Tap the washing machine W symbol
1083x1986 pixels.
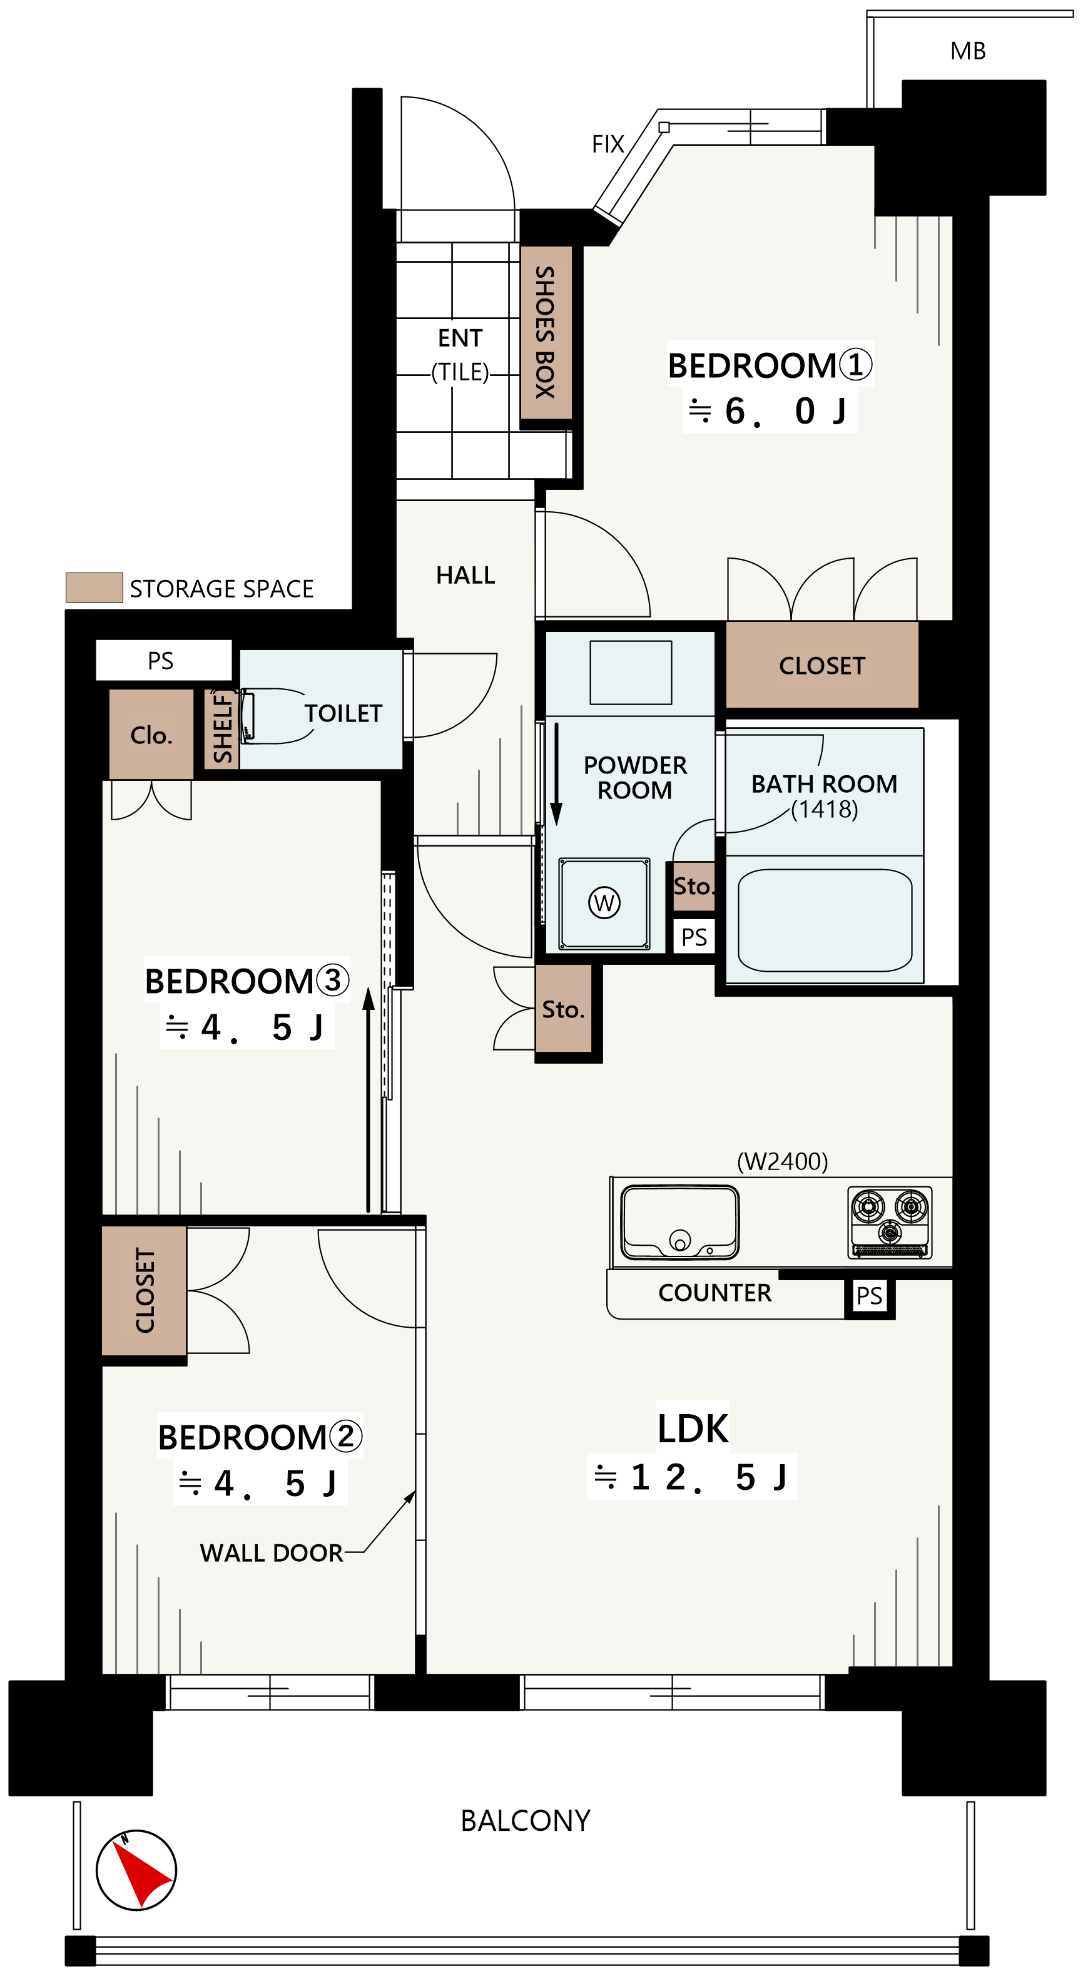(x=604, y=902)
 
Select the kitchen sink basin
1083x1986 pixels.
(x=680, y=1222)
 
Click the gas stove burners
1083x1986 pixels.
(x=890, y=1222)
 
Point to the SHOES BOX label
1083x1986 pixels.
(x=545, y=332)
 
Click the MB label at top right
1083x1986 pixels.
(x=968, y=51)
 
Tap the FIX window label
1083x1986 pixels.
(x=608, y=144)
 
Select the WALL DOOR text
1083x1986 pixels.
(x=272, y=1553)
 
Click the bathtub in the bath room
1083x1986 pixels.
(x=825, y=920)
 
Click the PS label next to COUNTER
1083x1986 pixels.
(x=870, y=1296)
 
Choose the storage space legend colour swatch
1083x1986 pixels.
(x=94, y=588)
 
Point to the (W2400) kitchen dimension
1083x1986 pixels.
(x=783, y=1161)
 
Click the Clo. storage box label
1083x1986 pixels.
(x=151, y=735)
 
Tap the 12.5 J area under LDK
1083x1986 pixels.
(x=691, y=1477)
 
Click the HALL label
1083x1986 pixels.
(x=465, y=575)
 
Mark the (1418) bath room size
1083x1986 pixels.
(x=825, y=809)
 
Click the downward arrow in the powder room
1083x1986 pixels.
(x=556, y=774)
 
